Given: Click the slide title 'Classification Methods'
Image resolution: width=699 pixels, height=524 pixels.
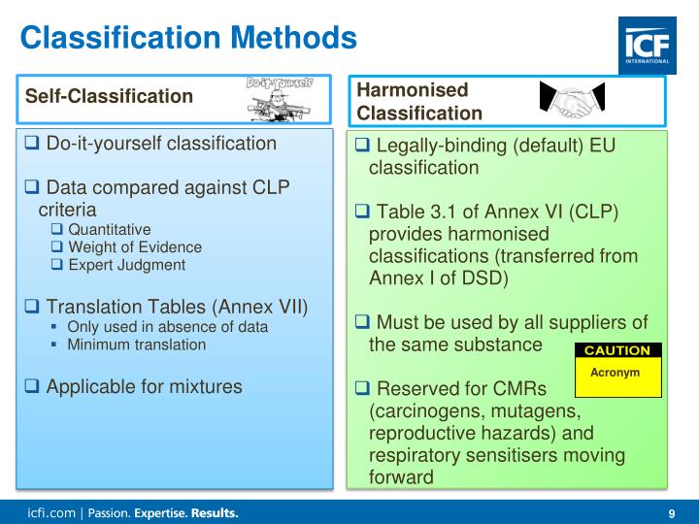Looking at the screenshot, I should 188,38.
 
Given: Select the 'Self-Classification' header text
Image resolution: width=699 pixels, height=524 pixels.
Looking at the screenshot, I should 109,96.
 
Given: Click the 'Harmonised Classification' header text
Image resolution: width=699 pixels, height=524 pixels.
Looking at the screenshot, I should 419,102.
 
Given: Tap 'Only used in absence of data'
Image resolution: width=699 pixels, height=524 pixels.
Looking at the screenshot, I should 167,327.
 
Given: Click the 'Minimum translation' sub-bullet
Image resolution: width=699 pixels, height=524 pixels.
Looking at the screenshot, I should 136,344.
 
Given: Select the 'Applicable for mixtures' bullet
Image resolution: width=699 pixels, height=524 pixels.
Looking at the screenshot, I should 144,385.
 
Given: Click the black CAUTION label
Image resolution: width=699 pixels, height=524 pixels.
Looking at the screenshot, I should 618,350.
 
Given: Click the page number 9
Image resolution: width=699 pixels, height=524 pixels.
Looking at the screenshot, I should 672,513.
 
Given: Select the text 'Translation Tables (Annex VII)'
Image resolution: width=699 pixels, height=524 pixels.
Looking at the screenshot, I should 177,307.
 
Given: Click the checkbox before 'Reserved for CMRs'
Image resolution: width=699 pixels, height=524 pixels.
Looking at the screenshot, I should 362,388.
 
